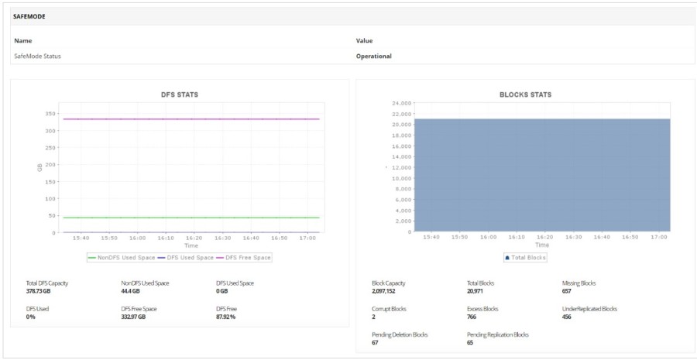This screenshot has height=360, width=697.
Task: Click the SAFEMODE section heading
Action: (29, 15)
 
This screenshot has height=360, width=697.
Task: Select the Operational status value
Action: (373, 56)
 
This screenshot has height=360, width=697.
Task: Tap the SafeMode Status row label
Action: (37, 56)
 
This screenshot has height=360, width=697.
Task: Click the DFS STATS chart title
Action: (179, 94)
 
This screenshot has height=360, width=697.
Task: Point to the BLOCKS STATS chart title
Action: (525, 94)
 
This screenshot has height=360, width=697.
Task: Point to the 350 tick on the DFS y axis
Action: (50, 114)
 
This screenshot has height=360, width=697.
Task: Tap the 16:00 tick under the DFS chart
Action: (138, 238)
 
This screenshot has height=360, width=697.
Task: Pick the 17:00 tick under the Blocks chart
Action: (660, 237)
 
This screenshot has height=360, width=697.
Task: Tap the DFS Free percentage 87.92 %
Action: (226, 317)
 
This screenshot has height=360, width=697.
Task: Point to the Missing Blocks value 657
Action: (566, 291)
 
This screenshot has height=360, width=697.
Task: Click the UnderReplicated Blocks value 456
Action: (567, 317)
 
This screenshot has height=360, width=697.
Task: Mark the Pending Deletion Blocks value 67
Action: (376, 342)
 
